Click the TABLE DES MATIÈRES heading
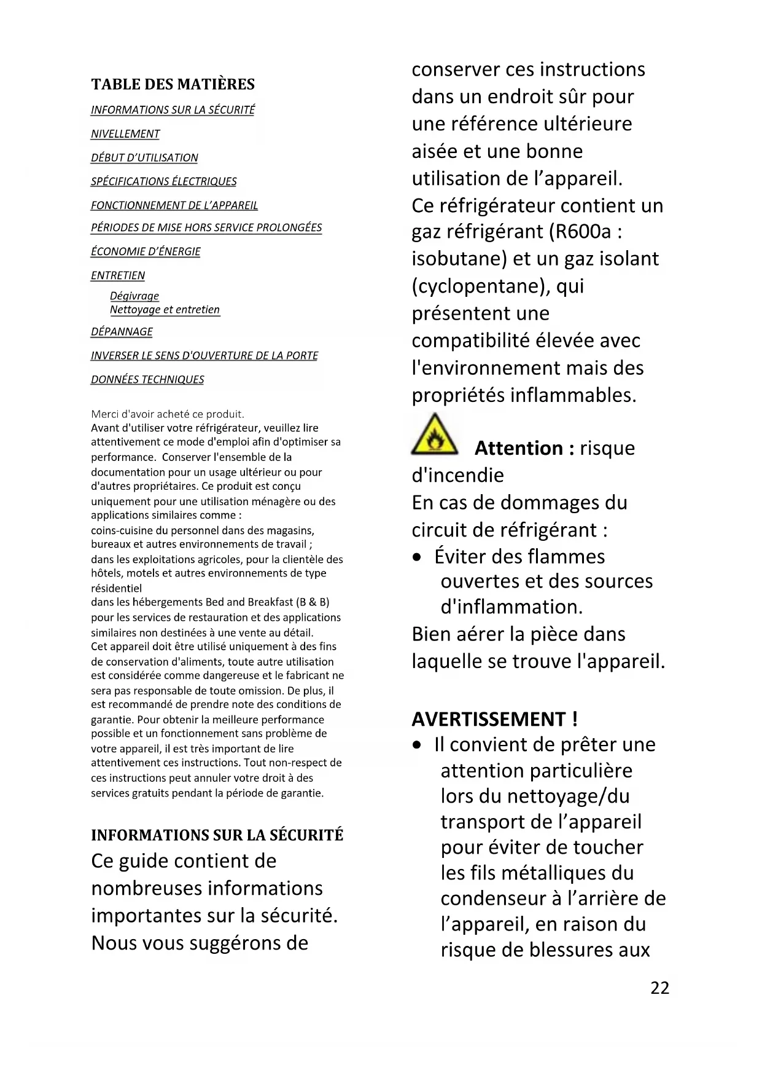tap(173, 84)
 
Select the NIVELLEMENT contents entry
tap(125, 134)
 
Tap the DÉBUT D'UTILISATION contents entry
tap(144, 158)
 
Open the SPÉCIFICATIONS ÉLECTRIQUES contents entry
tap(163, 181)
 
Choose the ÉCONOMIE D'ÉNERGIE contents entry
tap(146, 251)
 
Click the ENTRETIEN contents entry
tap(118, 275)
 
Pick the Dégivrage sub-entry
tap(134, 296)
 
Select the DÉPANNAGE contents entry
tap(122, 332)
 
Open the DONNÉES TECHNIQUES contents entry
tap(147, 379)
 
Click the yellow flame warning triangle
tap(434, 435)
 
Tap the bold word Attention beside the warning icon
tap(519, 448)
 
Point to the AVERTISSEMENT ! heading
tap(494, 718)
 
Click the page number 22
tap(659, 988)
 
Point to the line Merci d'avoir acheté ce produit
tap(168, 414)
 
